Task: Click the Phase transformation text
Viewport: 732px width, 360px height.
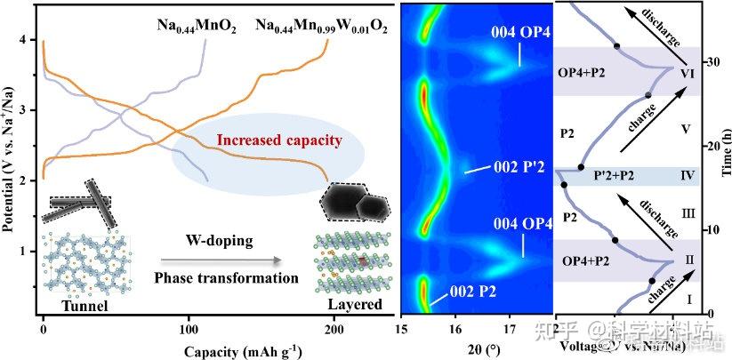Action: (213, 277)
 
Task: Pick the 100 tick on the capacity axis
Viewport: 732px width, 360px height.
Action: (189, 326)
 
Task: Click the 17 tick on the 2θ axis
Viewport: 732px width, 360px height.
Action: (509, 326)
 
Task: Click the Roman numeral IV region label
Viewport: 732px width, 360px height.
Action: (686, 175)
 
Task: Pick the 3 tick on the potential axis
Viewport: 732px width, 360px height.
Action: (30, 109)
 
